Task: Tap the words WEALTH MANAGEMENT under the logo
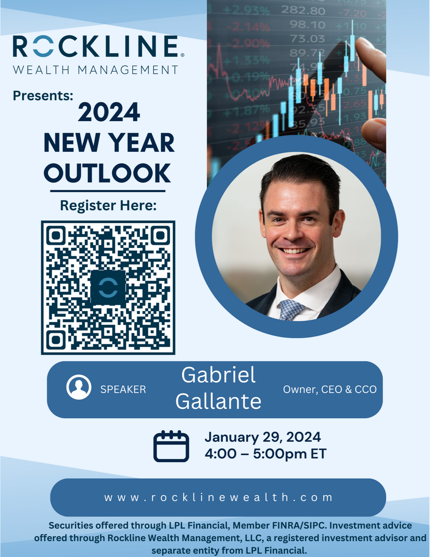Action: tap(96, 70)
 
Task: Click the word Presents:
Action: tap(43, 96)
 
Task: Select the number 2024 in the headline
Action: tap(109, 112)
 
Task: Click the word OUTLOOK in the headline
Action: tap(108, 173)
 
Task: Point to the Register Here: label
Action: tap(108, 206)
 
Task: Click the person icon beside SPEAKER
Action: tap(78, 387)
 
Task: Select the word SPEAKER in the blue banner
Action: tap(123, 389)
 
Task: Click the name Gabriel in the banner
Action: tap(218, 375)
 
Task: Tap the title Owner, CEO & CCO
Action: tap(330, 389)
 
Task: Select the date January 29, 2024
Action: tap(263, 437)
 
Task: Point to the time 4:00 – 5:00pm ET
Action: tap(265, 454)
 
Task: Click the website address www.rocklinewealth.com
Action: tap(218, 498)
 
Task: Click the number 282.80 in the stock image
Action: tap(303, 11)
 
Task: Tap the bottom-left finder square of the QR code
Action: tap(56, 340)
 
